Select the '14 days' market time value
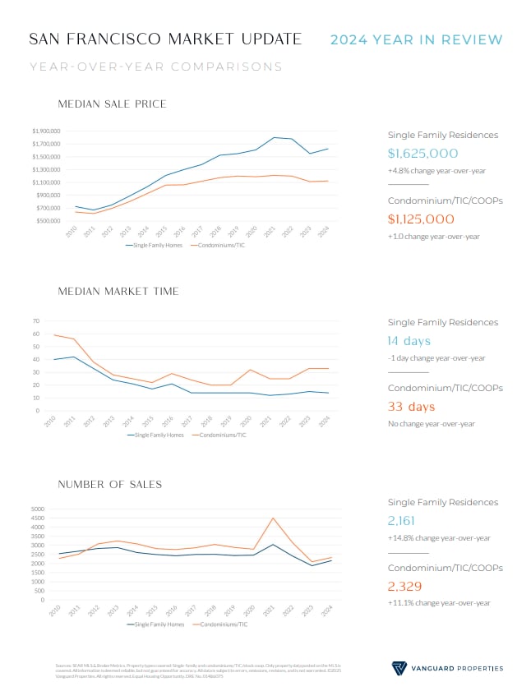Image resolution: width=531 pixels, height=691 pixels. pyautogui.click(x=409, y=341)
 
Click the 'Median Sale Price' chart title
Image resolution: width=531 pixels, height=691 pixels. pyautogui.click(x=113, y=104)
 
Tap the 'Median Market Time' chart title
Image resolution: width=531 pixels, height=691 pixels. pyautogui.click(x=118, y=291)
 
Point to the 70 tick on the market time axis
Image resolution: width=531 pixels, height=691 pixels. pyautogui.click(x=36, y=321)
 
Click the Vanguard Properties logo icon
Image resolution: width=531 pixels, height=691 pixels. pyautogui.click(x=399, y=667)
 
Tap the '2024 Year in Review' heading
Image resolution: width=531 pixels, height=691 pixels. pyautogui.click(x=416, y=39)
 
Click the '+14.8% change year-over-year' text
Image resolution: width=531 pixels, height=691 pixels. pyautogui.click(x=439, y=538)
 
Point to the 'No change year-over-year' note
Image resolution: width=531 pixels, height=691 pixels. pyautogui.click(x=431, y=424)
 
